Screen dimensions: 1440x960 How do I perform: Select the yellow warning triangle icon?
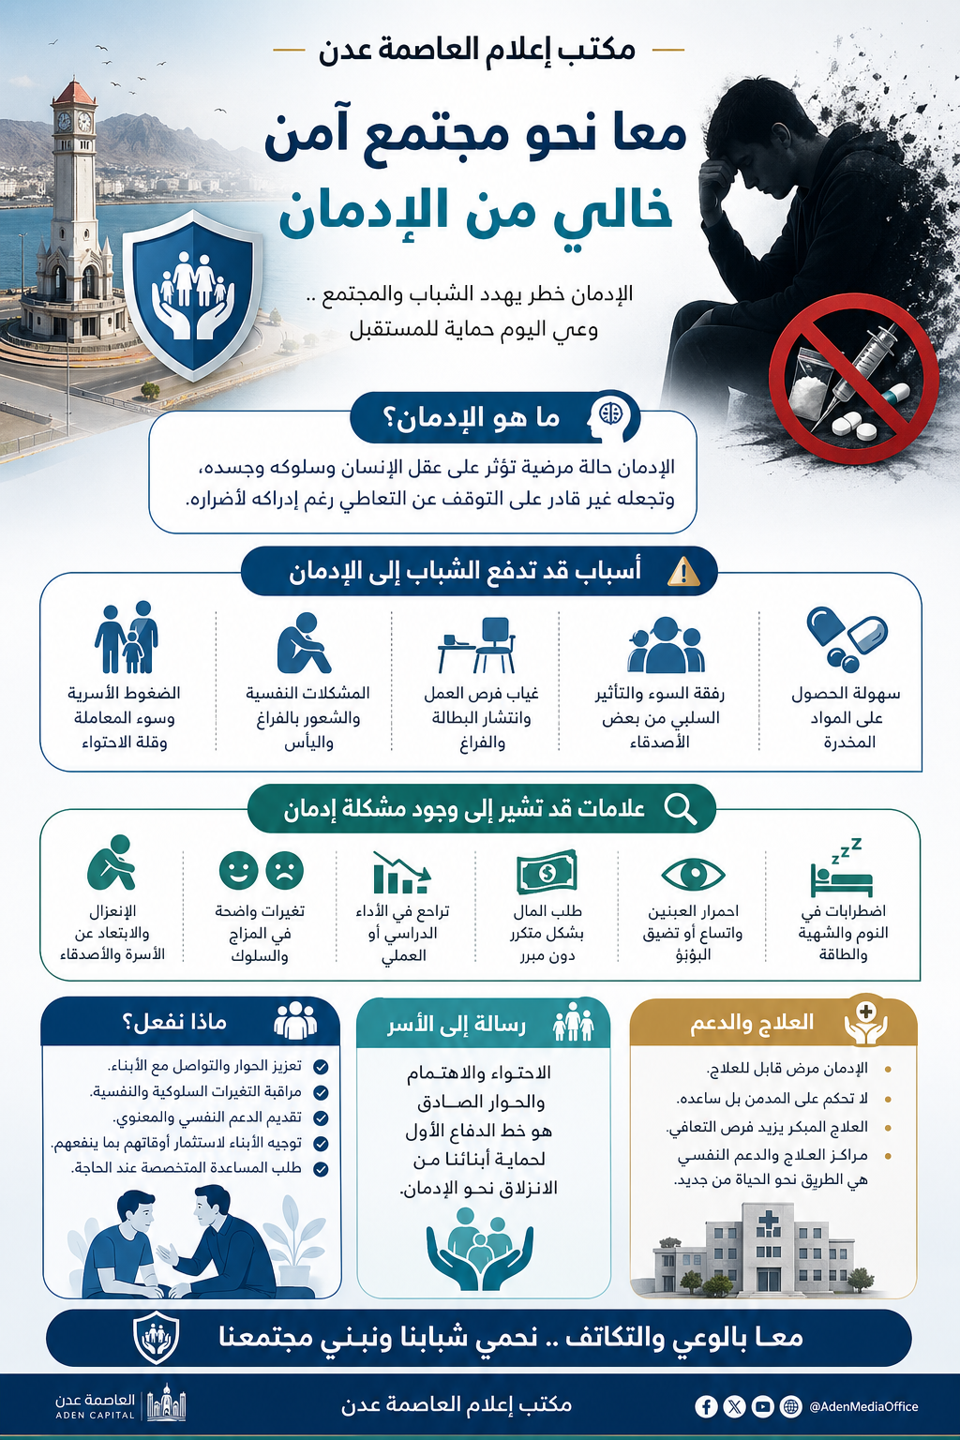(x=683, y=571)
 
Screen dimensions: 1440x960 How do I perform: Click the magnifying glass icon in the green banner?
(x=680, y=808)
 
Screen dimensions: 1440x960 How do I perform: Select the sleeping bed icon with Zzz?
(x=841, y=870)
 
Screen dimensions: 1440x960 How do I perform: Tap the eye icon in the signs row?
(x=693, y=874)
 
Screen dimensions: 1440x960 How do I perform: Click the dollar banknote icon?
(x=547, y=873)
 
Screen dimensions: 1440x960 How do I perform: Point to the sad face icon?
(x=285, y=870)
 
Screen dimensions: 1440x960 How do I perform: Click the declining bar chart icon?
(x=401, y=873)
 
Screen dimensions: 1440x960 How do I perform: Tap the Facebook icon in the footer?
(x=706, y=1406)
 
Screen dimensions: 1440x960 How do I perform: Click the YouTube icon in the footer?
(x=762, y=1406)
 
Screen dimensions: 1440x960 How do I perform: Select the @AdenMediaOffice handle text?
(x=863, y=1406)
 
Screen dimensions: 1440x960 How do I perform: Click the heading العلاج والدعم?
(x=752, y=1022)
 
